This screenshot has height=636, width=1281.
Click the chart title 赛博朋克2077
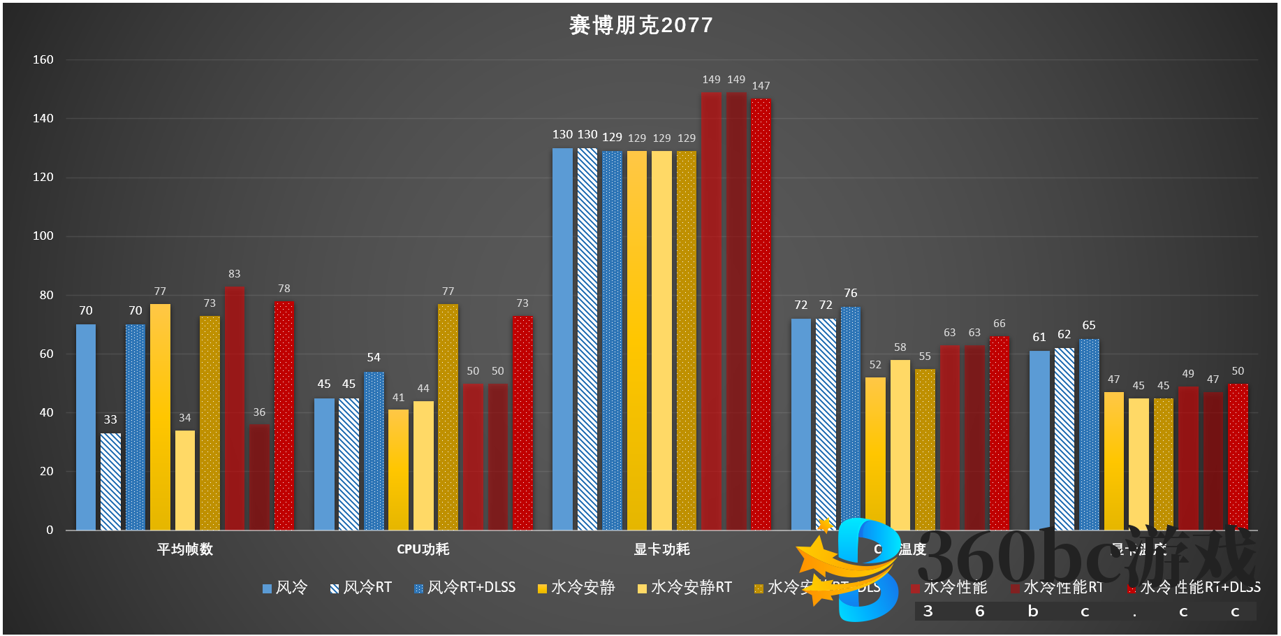pos(640,25)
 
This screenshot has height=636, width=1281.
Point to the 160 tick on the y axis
pos(43,60)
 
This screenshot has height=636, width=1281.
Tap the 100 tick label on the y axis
pos(43,236)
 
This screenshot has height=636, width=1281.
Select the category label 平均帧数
pos(185,549)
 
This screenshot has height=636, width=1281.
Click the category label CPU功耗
pos(423,549)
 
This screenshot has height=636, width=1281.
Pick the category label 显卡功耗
pos(661,549)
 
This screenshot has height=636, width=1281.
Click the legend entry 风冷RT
pos(360,588)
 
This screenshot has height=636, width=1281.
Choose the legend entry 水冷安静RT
pos(685,588)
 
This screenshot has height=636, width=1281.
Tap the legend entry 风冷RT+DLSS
pos(464,588)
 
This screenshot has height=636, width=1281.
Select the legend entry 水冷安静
pos(576,588)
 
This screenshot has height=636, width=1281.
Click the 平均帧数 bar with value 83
pos(235,408)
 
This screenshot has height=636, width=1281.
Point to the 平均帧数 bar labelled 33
pos(110,482)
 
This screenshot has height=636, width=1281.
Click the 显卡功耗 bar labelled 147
pos(761,315)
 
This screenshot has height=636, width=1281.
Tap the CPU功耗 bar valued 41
pos(398,470)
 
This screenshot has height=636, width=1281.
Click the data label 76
pos(850,294)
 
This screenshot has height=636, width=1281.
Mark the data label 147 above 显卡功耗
pos(761,86)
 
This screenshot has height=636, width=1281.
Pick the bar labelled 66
pos(1000,433)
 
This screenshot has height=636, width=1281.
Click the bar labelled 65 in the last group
pos(1089,435)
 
